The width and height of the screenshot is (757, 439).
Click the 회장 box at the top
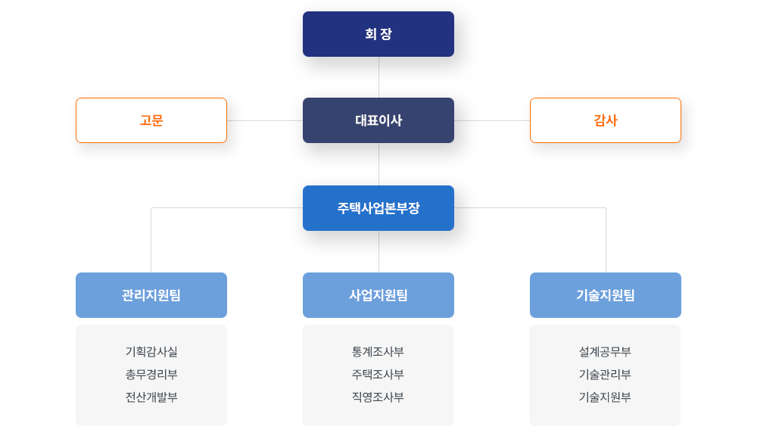(x=378, y=34)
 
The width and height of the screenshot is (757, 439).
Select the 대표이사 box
(x=378, y=120)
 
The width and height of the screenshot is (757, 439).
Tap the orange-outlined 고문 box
(x=151, y=120)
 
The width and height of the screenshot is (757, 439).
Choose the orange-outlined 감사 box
(x=606, y=120)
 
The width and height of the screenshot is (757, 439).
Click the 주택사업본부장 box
(x=378, y=208)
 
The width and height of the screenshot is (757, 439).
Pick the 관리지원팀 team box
(x=151, y=295)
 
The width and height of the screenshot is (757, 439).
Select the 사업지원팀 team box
(x=378, y=295)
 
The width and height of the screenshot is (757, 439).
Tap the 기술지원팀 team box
(x=606, y=295)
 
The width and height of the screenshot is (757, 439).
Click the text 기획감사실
(x=151, y=352)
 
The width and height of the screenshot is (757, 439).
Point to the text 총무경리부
(x=151, y=374)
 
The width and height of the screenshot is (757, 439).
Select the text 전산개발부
(x=151, y=397)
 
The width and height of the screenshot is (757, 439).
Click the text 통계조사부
(x=378, y=352)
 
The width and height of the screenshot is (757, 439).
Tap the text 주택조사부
(x=378, y=374)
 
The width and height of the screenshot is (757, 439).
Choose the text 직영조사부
(x=378, y=397)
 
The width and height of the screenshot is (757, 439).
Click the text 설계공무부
(x=605, y=352)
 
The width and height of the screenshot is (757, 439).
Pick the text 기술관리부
(x=605, y=374)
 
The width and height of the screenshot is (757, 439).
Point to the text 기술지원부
(x=605, y=397)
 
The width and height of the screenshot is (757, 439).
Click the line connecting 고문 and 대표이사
(x=265, y=121)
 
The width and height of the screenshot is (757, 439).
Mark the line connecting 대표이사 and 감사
(x=492, y=121)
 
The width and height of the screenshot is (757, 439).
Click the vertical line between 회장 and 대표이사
(x=378, y=77)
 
